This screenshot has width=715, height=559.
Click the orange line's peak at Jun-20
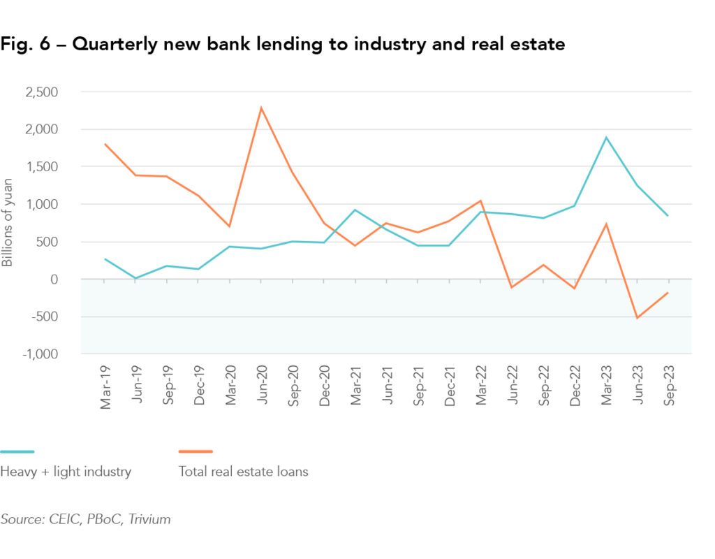[x=261, y=108]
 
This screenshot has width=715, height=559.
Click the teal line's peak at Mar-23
[x=606, y=138]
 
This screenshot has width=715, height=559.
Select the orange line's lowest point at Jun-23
[x=637, y=318]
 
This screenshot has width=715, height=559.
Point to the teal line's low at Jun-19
[x=135, y=278]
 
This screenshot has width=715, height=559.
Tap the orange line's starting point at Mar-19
[x=105, y=145]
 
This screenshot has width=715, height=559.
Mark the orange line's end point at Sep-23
[x=668, y=293]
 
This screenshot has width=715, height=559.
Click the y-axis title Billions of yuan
[x=8, y=223]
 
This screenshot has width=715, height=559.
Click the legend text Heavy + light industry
[x=66, y=472]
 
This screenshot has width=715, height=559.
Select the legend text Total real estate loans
[x=244, y=472]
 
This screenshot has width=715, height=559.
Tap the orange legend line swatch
[x=196, y=451]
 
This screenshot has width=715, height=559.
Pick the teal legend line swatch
[x=17, y=451]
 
